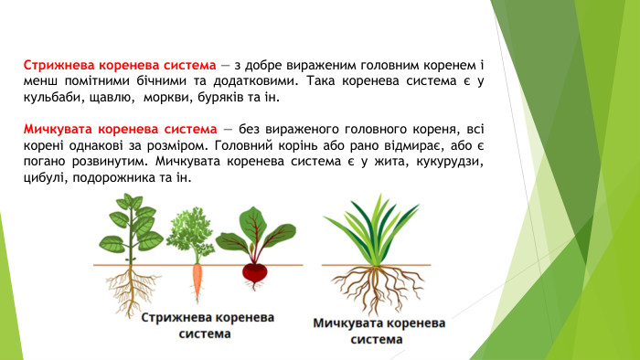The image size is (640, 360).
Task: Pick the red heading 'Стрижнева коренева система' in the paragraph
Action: point(120,66)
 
